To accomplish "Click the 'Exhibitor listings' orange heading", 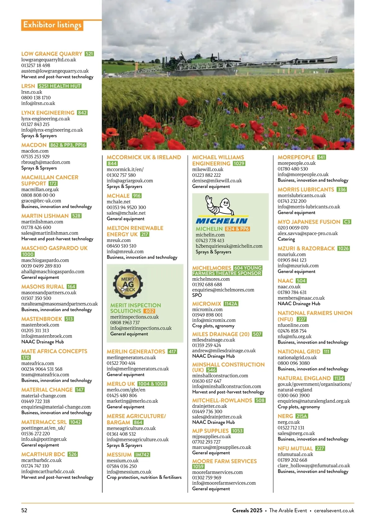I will [x=52, y=25].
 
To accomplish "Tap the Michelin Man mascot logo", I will [x=221, y=205].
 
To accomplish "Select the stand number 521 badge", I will [x=89, y=54].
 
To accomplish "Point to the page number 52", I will [x=24, y=510].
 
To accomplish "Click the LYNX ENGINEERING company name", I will [x=48, y=113].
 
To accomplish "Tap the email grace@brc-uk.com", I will [x=41, y=201].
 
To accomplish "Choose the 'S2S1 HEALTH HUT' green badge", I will [x=60, y=86].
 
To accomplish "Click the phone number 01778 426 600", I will [x=36, y=227].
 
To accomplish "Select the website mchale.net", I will [x=118, y=202].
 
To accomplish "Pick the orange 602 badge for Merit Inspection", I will [x=149, y=311].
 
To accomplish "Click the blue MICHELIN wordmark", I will [x=222, y=221].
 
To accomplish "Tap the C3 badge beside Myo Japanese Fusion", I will [x=347, y=222].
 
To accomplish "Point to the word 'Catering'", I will [x=286, y=239].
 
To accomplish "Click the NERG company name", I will [x=285, y=416].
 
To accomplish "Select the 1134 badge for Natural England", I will [x=339, y=378].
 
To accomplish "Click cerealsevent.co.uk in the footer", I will [x=334, y=510].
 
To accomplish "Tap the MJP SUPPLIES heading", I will [x=210, y=431].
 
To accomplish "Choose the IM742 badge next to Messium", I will [x=142, y=454].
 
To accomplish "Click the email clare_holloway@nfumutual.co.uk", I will [x=314, y=466].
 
